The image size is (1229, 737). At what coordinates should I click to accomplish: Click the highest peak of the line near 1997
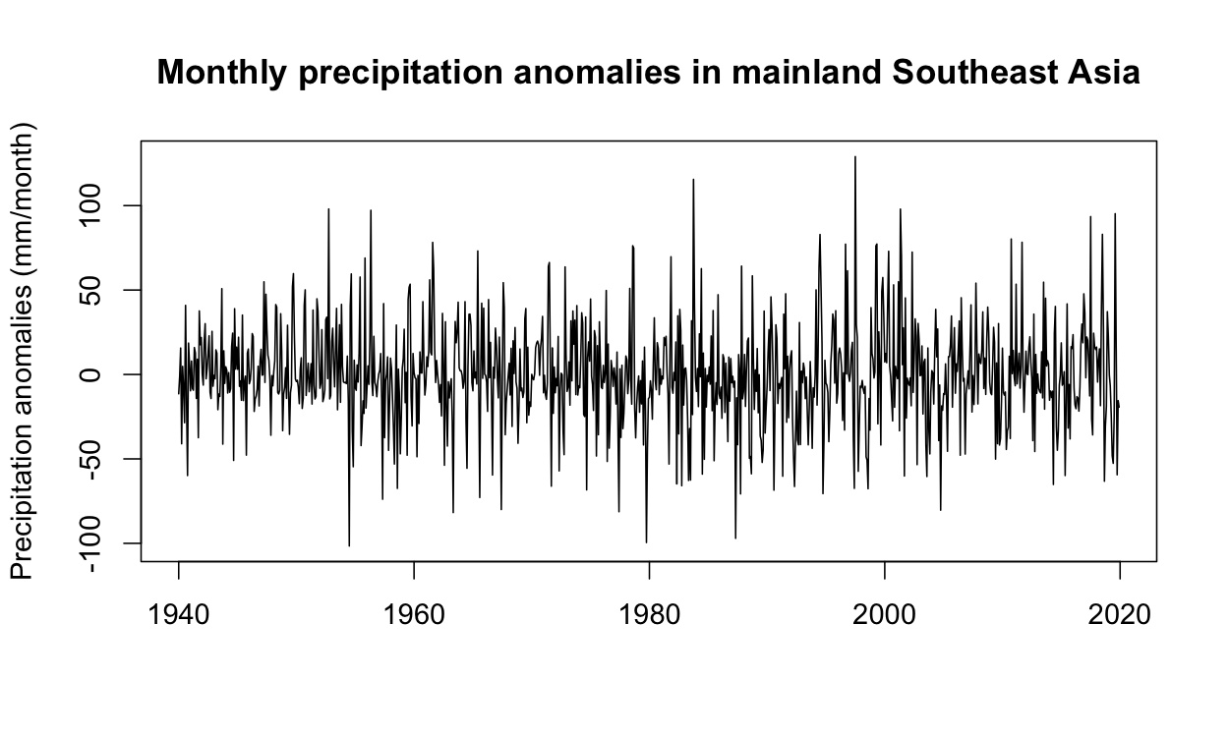(x=855, y=156)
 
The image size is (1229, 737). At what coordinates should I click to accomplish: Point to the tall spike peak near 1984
(x=693, y=179)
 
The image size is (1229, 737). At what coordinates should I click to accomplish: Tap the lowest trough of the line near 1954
(x=349, y=545)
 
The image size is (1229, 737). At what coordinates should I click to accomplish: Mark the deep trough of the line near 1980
(x=646, y=542)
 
